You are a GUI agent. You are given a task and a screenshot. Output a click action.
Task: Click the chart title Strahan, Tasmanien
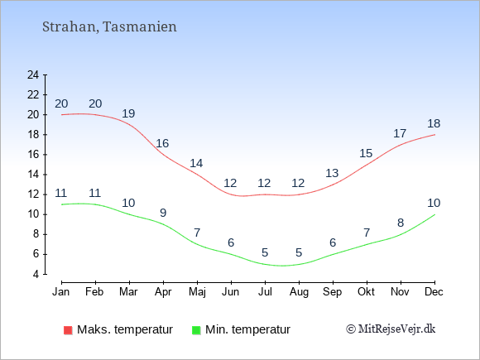tap(109, 26)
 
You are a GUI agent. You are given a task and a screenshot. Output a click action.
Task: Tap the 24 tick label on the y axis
tap(33, 74)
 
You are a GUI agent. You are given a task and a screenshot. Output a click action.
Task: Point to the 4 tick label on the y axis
tap(36, 274)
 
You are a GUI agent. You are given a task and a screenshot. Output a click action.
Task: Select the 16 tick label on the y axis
tap(33, 154)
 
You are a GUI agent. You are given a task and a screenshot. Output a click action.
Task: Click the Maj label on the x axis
tap(197, 292)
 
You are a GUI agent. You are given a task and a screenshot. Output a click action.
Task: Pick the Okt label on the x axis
tap(366, 291)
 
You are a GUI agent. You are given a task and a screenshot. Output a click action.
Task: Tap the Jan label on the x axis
tap(61, 291)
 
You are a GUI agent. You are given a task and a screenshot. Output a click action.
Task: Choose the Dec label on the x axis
tap(434, 291)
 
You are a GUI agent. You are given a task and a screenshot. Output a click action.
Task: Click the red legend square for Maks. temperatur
tap(68, 330)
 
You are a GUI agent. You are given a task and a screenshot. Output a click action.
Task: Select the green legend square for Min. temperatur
tap(196, 330)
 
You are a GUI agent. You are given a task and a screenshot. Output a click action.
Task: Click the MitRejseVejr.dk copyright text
tap(391, 329)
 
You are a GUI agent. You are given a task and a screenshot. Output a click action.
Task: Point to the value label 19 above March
tap(128, 113)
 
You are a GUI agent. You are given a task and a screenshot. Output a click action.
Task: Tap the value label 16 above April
tap(162, 143)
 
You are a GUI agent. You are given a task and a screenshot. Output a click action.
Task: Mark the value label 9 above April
tap(163, 213)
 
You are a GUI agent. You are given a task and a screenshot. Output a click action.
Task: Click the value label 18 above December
tap(434, 123)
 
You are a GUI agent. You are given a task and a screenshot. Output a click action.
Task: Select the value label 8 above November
tap(401, 223)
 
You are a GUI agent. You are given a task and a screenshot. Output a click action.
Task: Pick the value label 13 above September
tap(332, 173)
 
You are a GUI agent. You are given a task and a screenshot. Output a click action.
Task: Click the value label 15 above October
tap(366, 153)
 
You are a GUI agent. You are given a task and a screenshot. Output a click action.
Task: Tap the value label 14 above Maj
tap(196, 163)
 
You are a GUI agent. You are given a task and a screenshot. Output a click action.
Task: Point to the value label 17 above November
tap(400, 133)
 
